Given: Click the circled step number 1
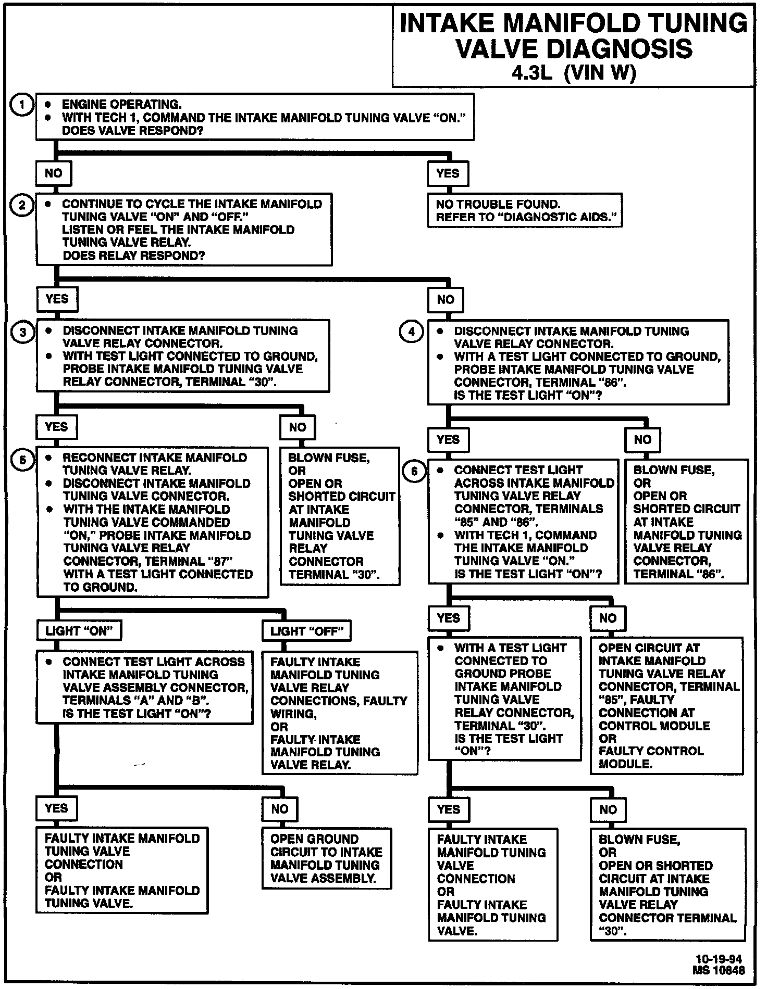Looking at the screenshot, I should [x=22, y=105].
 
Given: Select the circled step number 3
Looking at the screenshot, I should [x=23, y=332].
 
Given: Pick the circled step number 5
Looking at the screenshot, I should [x=22, y=460].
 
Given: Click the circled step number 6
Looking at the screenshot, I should [x=414, y=472].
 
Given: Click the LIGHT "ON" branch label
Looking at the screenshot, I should [x=79, y=631].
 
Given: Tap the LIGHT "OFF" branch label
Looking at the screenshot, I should [x=307, y=631].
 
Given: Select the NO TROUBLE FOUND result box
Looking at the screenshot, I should [x=525, y=210].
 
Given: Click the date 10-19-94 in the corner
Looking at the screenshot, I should [x=719, y=959].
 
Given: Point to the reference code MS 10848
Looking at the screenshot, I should [x=719, y=970].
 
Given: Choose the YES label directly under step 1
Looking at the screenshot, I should [x=448, y=173].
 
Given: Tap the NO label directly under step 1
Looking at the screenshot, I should [x=54, y=173].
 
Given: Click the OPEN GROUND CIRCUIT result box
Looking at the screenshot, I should [x=326, y=858].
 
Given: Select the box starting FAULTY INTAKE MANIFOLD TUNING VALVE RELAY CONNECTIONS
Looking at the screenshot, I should [x=339, y=713].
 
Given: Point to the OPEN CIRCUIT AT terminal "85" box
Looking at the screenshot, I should [x=666, y=706].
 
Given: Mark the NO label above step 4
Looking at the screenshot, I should [x=446, y=299].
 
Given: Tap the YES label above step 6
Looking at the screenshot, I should [x=448, y=439].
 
